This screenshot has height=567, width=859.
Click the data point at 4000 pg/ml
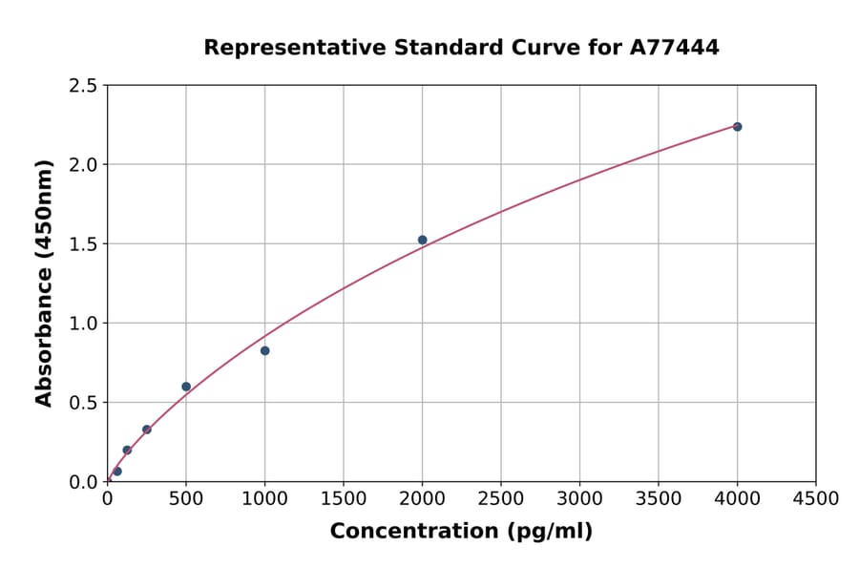(x=737, y=127)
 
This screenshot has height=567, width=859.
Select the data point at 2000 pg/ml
(x=422, y=240)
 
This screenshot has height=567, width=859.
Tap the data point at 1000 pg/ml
(x=264, y=350)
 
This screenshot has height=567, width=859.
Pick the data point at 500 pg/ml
(x=186, y=387)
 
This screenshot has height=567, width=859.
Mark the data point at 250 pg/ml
(x=147, y=430)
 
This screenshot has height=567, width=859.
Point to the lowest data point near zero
(x=117, y=471)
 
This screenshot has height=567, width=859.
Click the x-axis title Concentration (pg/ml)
(x=461, y=532)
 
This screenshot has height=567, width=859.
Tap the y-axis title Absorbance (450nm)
(x=44, y=283)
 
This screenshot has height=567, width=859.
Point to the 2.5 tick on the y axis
(x=84, y=86)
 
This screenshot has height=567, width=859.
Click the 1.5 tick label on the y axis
(x=84, y=244)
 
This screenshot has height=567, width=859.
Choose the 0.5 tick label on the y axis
(x=84, y=403)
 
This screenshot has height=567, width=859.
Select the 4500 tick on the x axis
(x=816, y=498)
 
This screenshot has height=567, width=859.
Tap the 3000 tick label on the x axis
(x=579, y=498)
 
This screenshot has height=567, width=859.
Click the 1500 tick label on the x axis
(x=344, y=498)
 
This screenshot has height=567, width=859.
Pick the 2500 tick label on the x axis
(x=501, y=498)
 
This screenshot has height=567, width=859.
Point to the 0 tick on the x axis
(x=107, y=498)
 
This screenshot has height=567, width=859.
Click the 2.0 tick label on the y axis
(x=84, y=165)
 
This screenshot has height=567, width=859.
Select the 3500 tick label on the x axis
(x=659, y=498)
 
